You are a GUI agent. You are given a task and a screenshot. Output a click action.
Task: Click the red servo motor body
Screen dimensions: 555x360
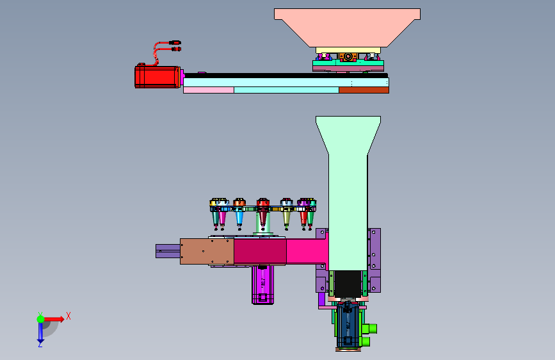(x=157, y=76)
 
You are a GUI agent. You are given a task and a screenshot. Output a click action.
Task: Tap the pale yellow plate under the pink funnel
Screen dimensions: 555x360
(x=348, y=51)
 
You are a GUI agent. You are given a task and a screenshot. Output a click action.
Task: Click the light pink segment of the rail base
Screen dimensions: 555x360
(x=209, y=90)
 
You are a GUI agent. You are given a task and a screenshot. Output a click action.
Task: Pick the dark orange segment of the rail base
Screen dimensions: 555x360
(x=364, y=90)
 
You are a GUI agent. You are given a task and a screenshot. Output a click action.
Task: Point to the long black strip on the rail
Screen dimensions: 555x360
(x=286, y=76)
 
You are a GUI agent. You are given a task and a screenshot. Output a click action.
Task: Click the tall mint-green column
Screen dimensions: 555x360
(x=348, y=193)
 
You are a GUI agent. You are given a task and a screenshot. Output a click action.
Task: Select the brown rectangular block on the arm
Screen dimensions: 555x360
(x=207, y=252)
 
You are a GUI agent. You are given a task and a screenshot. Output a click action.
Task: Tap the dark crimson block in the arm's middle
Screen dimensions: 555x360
(x=260, y=252)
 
